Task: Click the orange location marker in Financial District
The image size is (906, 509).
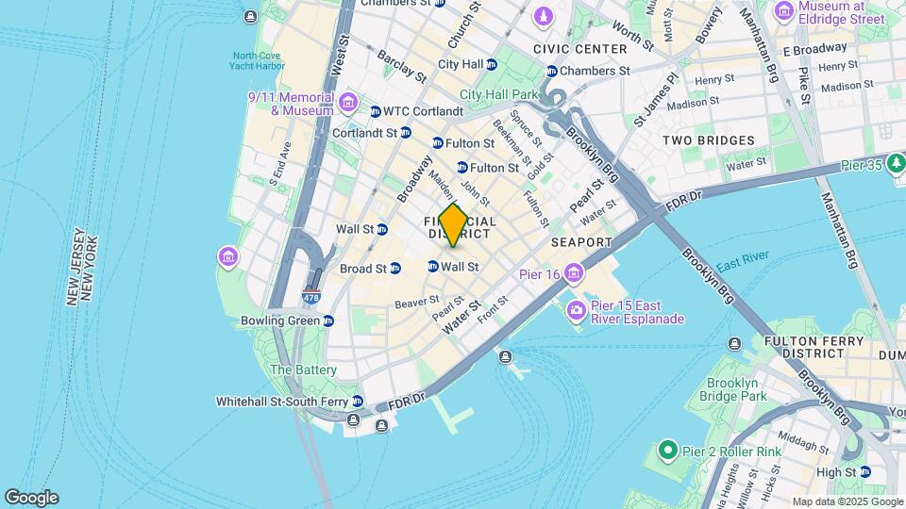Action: [453, 225]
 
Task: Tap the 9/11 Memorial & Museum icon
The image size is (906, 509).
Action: [347, 102]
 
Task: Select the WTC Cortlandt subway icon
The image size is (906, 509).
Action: [375, 111]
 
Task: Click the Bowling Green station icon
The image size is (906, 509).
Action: [328, 320]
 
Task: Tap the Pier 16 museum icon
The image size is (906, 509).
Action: [574, 274]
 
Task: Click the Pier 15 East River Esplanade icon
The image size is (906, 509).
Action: [575, 309]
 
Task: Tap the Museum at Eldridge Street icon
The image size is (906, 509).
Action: [783, 11]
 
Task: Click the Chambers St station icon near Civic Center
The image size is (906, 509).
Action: [551, 71]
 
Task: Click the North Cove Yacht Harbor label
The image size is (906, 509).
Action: [258, 61]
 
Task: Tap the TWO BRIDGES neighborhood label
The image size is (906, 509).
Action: [708, 140]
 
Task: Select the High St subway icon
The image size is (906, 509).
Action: [865, 472]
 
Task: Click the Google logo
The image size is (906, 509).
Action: [31, 497]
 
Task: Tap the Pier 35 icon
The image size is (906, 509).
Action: [896, 162]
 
